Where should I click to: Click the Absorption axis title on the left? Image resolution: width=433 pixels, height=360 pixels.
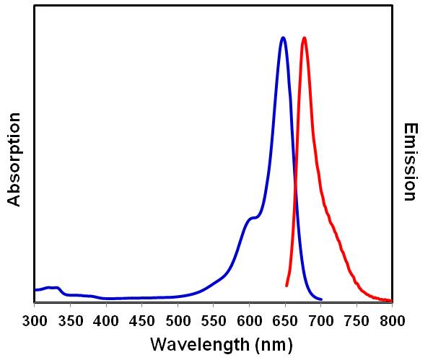(x=14, y=159)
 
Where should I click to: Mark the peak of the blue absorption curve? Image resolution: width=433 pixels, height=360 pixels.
(x=283, y=38)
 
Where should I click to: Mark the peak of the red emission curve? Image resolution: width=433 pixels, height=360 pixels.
(x=304, y=38)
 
